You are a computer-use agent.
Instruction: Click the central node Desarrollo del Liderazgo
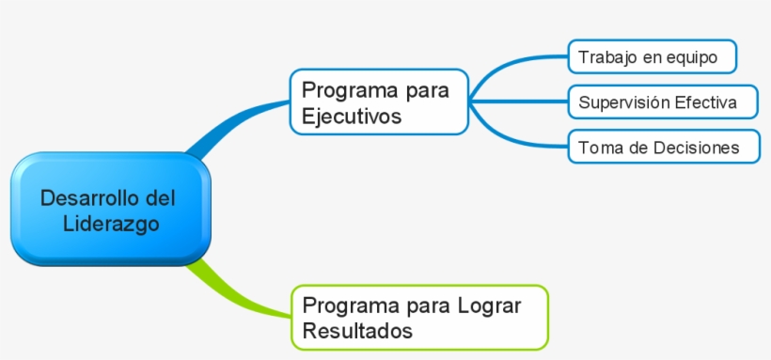tap(109, 211)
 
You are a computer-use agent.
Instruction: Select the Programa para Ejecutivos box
tap(379, 102)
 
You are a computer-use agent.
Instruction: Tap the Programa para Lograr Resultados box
tap(419, 317)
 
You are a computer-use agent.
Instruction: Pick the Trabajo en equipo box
tap(652, 57)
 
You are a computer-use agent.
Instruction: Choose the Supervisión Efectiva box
tap(663, 102)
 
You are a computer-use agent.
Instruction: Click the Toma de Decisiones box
tap(664, 148)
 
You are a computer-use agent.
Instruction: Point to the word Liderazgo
tap(110, 225)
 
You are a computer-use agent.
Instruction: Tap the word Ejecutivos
tap(352, 117)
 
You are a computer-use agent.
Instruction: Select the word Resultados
tap(357, 331)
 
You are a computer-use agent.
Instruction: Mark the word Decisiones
tap(698, 148)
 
